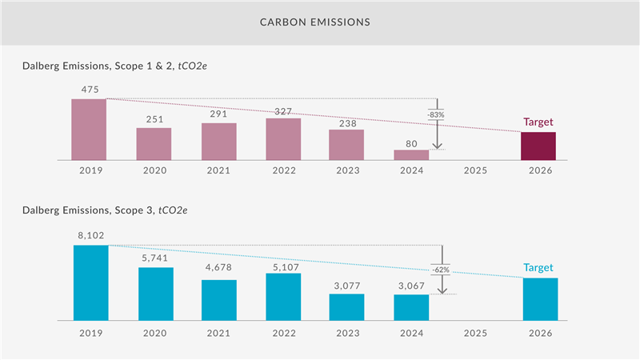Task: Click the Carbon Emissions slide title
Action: [314, 22]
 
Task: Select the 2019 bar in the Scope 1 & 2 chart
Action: [89, 130]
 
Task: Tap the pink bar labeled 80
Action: [411, 155]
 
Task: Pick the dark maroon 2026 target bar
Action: [538, 146]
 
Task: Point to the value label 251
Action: [154, 120]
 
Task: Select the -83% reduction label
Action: [436, 115]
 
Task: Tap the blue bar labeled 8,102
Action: [90, 282]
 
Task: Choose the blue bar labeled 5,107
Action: [283, 297]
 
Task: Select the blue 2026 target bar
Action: [540, 299]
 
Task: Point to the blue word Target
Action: [538, 268]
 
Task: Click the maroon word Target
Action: [538, 122]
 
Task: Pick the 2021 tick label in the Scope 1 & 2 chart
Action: [218, 170]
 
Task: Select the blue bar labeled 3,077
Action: [346, 307]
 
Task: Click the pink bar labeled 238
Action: [346, 145]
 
